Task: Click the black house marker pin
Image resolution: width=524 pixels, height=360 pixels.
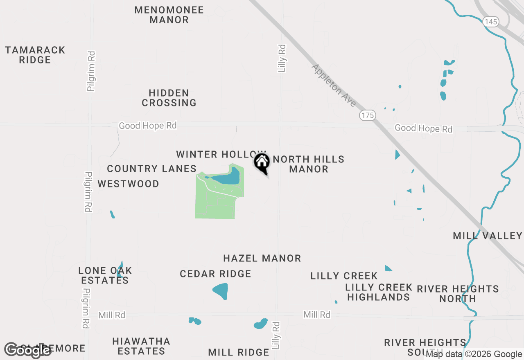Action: click(262, 162)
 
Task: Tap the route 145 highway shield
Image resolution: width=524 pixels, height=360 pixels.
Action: click(490, 22)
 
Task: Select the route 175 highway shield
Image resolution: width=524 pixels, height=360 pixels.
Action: click(368, 115)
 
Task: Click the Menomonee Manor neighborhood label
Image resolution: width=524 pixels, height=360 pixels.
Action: click(169, 15)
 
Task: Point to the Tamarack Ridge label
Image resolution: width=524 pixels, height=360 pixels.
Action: click(35, 55)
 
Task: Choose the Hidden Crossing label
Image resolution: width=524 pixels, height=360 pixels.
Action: click(169, 98)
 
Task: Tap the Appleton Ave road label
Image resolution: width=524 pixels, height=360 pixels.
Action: click(334, 85)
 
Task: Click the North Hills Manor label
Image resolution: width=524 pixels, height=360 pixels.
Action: click(309, 164)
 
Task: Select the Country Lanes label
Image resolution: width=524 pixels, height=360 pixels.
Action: click(151, 169)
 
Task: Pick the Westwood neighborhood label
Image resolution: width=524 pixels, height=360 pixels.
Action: click(129, 184)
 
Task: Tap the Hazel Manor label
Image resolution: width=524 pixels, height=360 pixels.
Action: click(262, 258)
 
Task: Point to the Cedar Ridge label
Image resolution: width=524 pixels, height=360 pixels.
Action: click(215, 274)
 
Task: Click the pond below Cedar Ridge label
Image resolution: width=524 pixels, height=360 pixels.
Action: click(221, 291)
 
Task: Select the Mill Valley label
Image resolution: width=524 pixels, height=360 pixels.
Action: click(487, 236)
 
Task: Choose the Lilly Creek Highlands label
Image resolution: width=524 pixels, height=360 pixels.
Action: click(378, 292)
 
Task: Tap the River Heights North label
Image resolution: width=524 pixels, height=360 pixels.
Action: click(458, 294)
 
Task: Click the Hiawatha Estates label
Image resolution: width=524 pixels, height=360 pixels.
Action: click(141, 346)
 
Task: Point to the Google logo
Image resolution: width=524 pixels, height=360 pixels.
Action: click(27, 350)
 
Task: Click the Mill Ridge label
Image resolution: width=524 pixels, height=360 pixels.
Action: click(238, 352)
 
